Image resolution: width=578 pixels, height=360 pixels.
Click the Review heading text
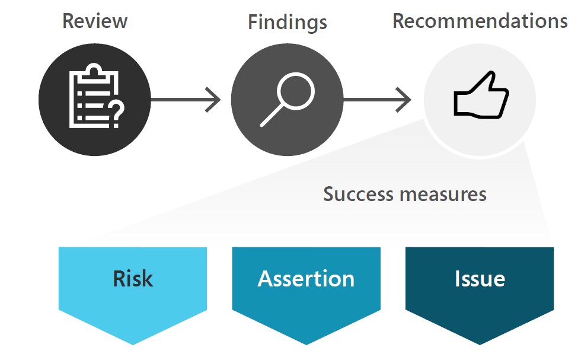point(95,21)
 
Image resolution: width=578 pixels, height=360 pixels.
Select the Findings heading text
point(287,23)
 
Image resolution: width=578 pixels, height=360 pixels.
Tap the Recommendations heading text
point(480,21)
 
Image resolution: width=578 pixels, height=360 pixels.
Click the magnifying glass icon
point(287,98)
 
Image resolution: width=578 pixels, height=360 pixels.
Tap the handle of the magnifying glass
point(272,115)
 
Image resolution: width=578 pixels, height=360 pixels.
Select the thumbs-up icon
point(481,96)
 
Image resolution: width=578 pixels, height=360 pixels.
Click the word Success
point(358,194)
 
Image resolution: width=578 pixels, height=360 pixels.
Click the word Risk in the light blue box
point(133,279)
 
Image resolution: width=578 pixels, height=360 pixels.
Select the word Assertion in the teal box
point(306,279)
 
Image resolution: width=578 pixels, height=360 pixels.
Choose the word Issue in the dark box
point(479,279)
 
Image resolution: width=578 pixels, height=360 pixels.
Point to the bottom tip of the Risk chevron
point(133,342)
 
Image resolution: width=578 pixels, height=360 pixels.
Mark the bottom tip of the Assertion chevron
point(306,342)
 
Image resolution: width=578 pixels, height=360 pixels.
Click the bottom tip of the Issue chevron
point(479,342)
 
